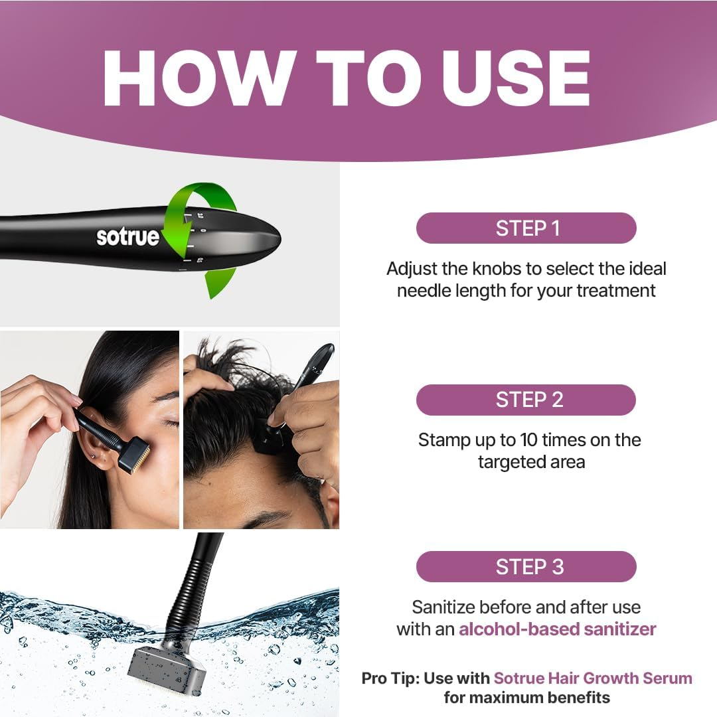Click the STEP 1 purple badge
click(x=526, y=228)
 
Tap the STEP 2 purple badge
click(x=526, y=400)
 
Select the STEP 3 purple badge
click(x=526, y=566)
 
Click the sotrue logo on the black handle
click(x=127, y=237)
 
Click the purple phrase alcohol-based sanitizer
click(x=557, y=629)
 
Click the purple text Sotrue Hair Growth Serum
click(x=592, y=678)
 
